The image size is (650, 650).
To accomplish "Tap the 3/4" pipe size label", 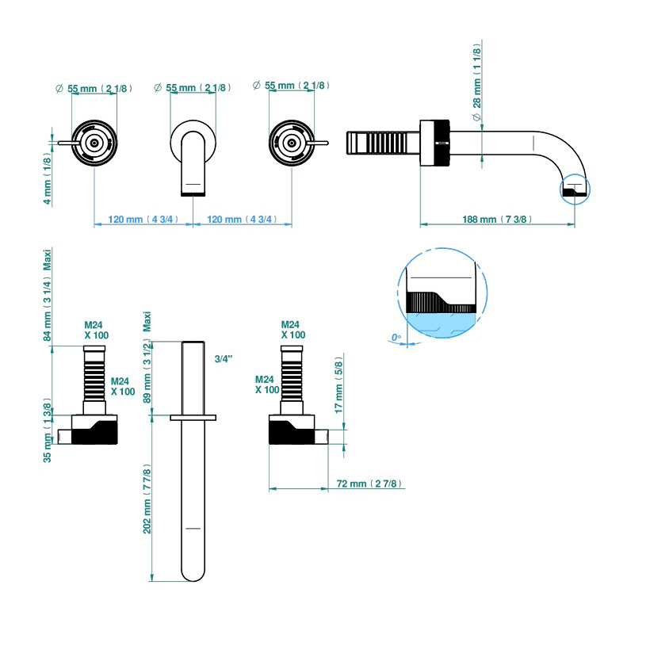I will (224, 359).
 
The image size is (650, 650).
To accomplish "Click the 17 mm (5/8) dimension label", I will (339, 388).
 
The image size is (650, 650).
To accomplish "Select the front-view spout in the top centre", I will (193, 159).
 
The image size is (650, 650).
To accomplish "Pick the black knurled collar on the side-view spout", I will (434, 142).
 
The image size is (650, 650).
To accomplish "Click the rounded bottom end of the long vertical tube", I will (193, 572).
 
